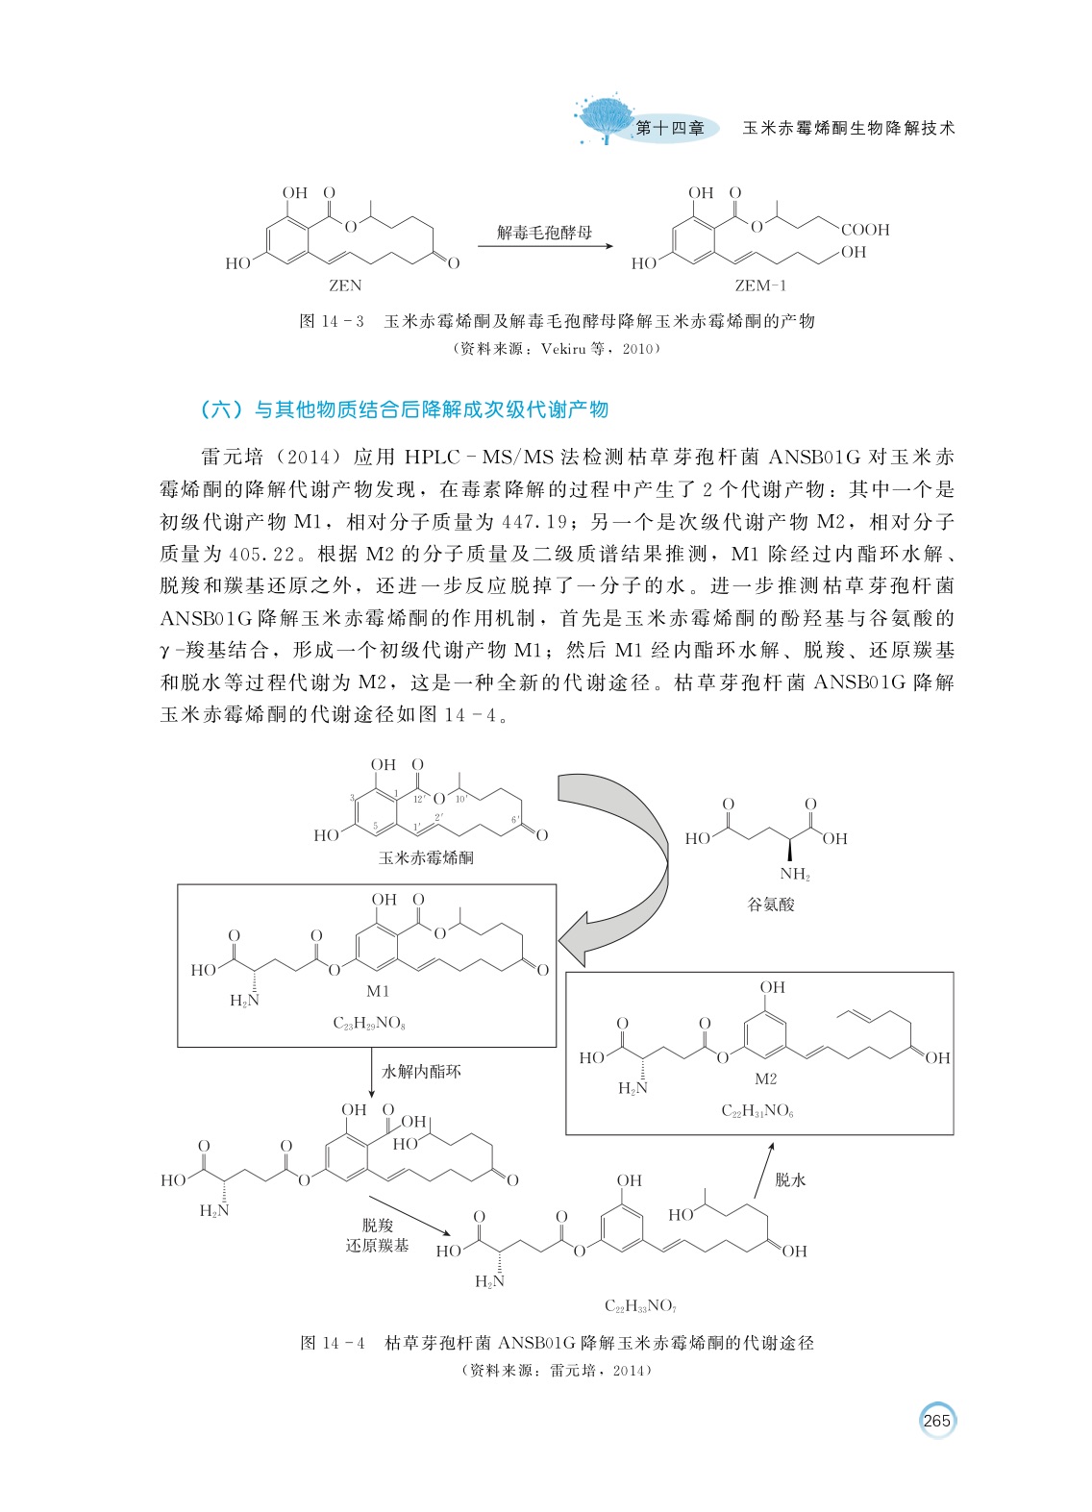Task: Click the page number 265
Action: tap(936, 1421)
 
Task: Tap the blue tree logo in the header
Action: tap(605, 118)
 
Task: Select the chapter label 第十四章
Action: tap(670, 129)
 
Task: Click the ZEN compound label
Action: tap(345, 285)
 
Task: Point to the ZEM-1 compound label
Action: tap(760, 285)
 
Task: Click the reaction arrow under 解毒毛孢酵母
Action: tap(544, 246)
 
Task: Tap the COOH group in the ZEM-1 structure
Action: tap(865, 230)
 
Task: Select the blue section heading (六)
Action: tap(404, 410)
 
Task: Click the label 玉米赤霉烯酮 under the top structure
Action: tap(426, 857)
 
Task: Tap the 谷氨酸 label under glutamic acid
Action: tap(771, 905)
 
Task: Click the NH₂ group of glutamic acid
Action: tap(795, 874)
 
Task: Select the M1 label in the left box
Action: tap(378, 991)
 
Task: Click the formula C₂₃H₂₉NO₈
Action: tap(369, 1023)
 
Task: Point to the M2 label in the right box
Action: tap(765, 1078)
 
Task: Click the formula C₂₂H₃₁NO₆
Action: tap(757, 1111)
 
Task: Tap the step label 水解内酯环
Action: tap(421, 1071)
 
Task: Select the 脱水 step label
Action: tap(790, 1179)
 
